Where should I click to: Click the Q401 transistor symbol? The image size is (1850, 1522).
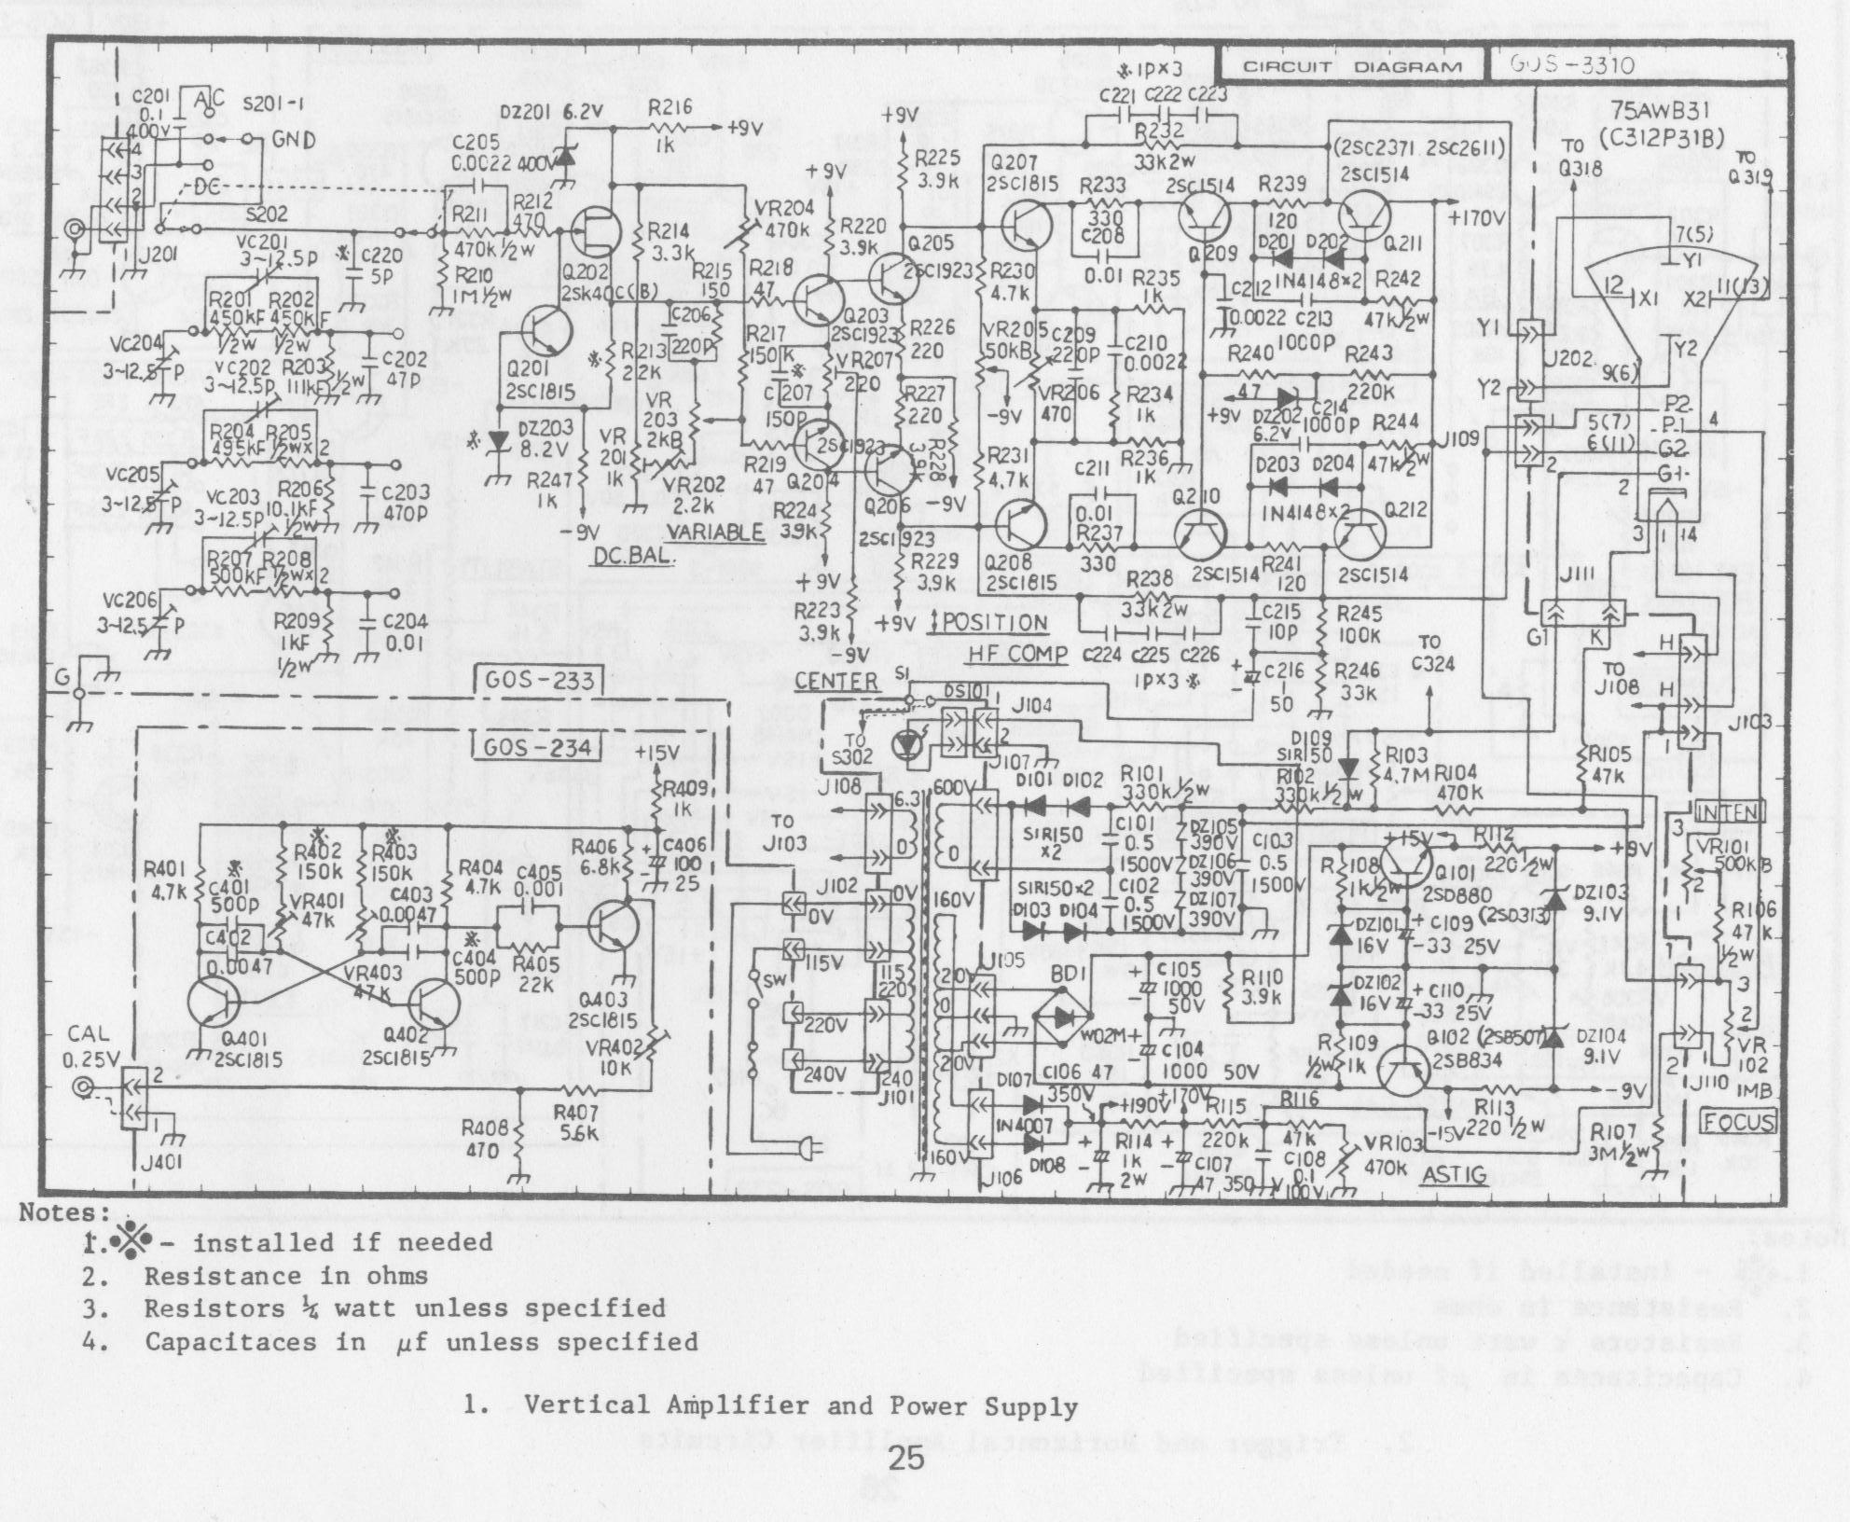point(214,1003)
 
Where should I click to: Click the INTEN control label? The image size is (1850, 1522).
point(1730,812)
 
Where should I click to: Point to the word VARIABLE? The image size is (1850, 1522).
point(716,533)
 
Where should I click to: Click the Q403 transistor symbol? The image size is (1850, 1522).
point(614,927)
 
